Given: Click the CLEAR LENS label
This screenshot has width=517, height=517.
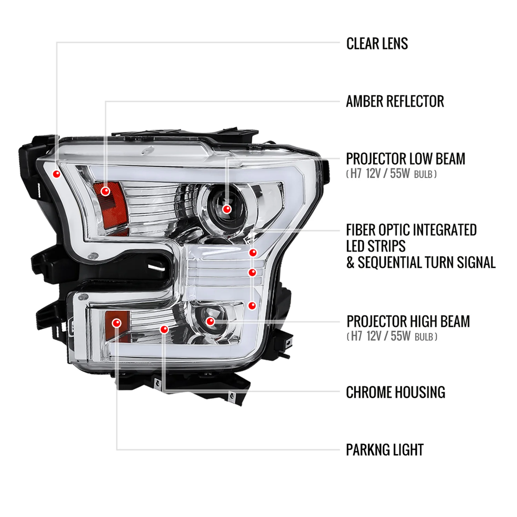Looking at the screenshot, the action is tap(377, 44).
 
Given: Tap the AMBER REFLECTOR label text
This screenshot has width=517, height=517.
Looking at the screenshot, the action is tap(395, 101).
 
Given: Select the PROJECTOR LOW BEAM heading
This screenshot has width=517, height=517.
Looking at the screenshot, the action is tap(406, 159).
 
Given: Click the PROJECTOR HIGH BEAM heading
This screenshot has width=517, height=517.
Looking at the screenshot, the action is tap(408, 321).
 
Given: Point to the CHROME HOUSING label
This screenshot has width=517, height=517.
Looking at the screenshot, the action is tap(396, 392).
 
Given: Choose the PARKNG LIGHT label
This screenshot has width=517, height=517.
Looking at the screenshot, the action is tap(385, 450).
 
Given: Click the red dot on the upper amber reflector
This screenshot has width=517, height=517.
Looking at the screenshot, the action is tap(105, 191).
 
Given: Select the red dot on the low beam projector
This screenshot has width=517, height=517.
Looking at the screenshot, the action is tap(227, 209).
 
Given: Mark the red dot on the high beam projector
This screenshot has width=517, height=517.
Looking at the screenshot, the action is tap(210, 322).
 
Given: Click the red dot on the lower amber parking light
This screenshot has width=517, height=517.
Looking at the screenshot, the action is tap(116, 323).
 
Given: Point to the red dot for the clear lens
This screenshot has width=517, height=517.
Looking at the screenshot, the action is tap(57, 174).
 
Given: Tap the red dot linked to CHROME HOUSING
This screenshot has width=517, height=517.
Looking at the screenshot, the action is tap(164, 330).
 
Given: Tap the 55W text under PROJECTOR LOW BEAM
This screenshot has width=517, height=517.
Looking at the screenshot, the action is tap(400, 173).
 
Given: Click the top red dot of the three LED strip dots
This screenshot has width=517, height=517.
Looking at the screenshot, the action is tap(253, 253).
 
